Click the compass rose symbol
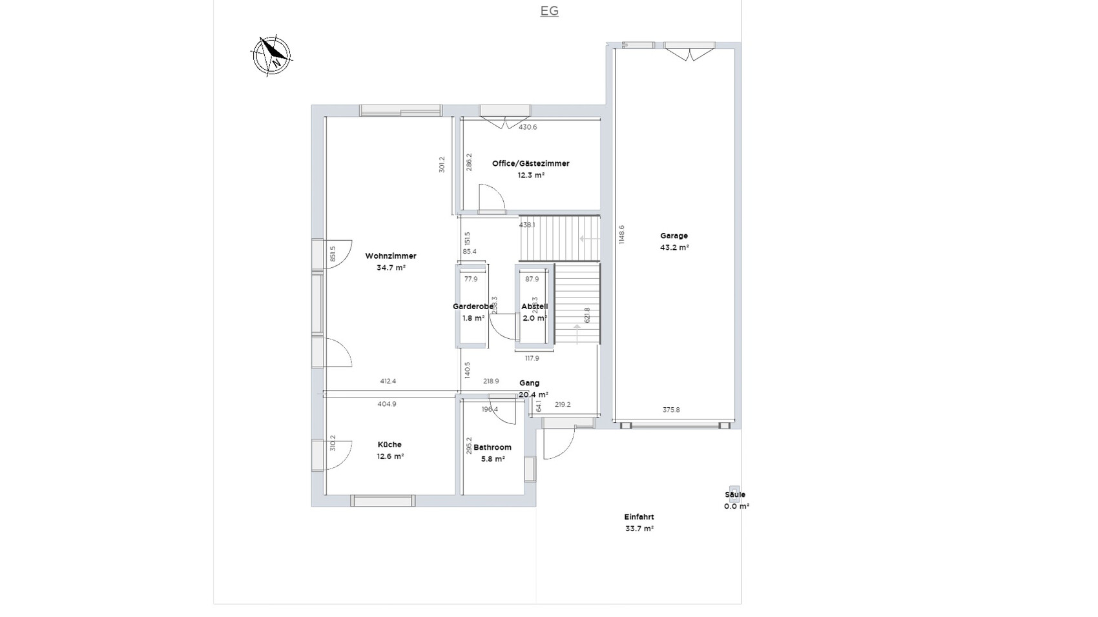click(x=271, y=56)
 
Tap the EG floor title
click(x=549, y=11)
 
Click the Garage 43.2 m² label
click(x=674, y=241)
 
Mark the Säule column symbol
click(x=734, y=490)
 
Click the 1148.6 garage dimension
click(x=621, y=234)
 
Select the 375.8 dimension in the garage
click(x=672, y=410)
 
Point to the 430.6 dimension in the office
click(x=528, y=127)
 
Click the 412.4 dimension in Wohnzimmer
click(x=388, y=381)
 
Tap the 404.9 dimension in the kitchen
click(x=386, y=404)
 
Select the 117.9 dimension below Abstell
click(x=532, y=358)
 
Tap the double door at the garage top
click(x=690, y=52)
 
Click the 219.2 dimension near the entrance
click(x=563, y=405)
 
